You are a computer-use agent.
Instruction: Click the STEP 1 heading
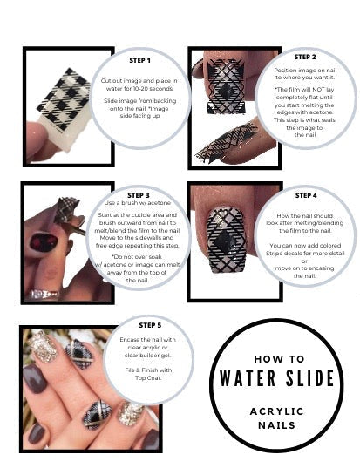click(139, 61)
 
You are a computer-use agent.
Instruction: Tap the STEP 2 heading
click(305, 57)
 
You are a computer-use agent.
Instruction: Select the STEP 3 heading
click(139, 195)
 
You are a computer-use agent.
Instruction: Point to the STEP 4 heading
click(306, 196)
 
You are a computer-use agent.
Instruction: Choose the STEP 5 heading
click(150, 325)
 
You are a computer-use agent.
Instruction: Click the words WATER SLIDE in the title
click(276, 378)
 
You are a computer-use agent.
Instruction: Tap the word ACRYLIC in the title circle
click(276, 411)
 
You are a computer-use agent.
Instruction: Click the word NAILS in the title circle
click(276, 425)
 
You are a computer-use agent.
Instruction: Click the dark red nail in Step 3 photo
click(44, 242)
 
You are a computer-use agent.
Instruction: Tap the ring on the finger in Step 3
click(44, 294)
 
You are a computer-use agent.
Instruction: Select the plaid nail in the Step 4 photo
click(227, 240)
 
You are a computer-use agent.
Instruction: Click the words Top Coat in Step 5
click(148, 378)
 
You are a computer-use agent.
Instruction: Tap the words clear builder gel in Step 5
click(147, 356)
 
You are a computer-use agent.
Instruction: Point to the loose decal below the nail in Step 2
click(226, 142)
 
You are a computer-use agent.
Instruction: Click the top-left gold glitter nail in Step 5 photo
click(43, 346)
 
